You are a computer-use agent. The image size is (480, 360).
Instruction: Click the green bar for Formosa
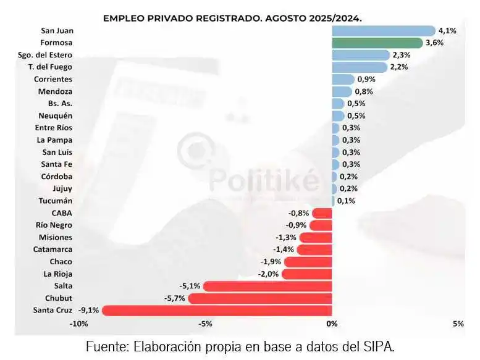point(376,43)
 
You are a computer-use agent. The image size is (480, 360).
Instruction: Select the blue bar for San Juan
point(383,31)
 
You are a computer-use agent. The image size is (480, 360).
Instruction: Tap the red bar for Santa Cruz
point(217,310)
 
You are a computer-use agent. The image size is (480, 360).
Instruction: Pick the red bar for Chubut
point(260,298)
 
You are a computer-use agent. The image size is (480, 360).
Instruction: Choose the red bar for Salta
point(267,286)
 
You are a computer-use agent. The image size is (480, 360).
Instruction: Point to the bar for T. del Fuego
point(359,67)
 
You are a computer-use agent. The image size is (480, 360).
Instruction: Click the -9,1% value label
point(89,310)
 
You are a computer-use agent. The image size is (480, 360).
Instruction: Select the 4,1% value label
point(447,31)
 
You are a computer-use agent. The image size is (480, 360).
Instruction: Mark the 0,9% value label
point(366,79)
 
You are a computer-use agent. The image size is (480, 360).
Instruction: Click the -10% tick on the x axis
point(78,324)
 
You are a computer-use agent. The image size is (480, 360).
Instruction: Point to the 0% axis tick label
point(332,324)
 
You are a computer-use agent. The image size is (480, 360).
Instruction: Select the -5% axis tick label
point(205,324)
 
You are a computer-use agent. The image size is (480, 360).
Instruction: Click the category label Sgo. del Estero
point(45,55)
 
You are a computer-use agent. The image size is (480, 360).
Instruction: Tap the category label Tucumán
point(55,201)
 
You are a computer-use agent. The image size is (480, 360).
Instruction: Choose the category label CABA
point(61,213)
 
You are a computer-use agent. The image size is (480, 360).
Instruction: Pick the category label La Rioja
point(57,274)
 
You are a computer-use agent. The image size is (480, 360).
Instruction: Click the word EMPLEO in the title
point(123,18)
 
